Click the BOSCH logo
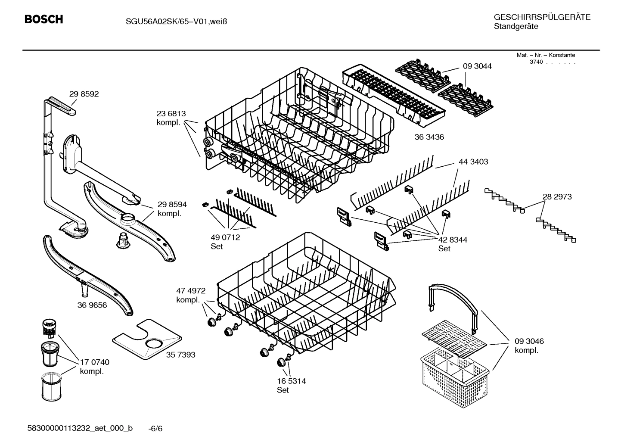43,19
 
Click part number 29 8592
84,94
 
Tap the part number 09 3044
477,66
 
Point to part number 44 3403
473,162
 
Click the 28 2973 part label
557,196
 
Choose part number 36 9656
92,305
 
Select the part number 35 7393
180,355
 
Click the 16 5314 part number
291,381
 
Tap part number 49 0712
225,237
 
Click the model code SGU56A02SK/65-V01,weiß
171,21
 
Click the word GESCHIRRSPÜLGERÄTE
542,17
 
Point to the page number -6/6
155,428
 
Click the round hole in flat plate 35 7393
154,343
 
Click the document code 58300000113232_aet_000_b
80,428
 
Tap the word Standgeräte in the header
515,26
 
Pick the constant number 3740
536,62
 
